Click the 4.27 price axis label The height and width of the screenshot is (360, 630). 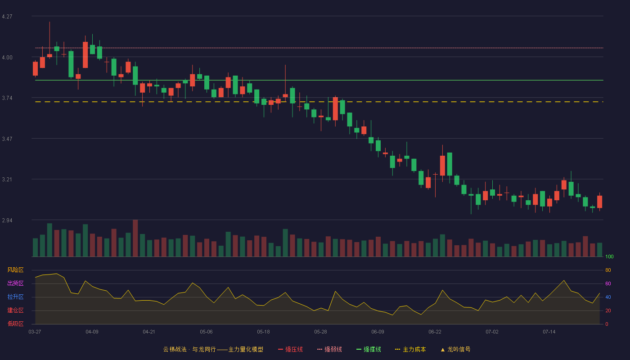[7, 17]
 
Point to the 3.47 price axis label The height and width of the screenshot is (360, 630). [7, 139]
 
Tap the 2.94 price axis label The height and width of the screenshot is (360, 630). [7, 220]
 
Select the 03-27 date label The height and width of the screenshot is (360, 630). [35, 332]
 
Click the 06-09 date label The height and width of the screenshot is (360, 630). [378, 332]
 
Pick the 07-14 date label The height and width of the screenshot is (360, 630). [549, 332]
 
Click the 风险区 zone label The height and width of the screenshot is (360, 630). [15, 270]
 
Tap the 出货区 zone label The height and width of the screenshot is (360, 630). [15, 283]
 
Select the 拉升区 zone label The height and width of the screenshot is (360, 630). [15, 297]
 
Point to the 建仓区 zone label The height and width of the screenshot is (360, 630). [15, 310]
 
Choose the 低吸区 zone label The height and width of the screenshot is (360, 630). [15, 324]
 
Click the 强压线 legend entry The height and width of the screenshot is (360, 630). [290, 349]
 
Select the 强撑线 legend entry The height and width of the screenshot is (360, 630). [369, 349]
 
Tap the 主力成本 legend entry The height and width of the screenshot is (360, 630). [410, 349]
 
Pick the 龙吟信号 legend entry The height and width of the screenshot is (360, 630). [455, 349]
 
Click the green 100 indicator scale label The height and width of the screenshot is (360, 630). [609, 256]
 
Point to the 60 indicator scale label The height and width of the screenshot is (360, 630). [608, 283]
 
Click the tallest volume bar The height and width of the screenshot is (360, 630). [135, 238]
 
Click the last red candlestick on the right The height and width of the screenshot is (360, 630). [599, 202]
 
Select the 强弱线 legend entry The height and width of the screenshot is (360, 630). [329, 349]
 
